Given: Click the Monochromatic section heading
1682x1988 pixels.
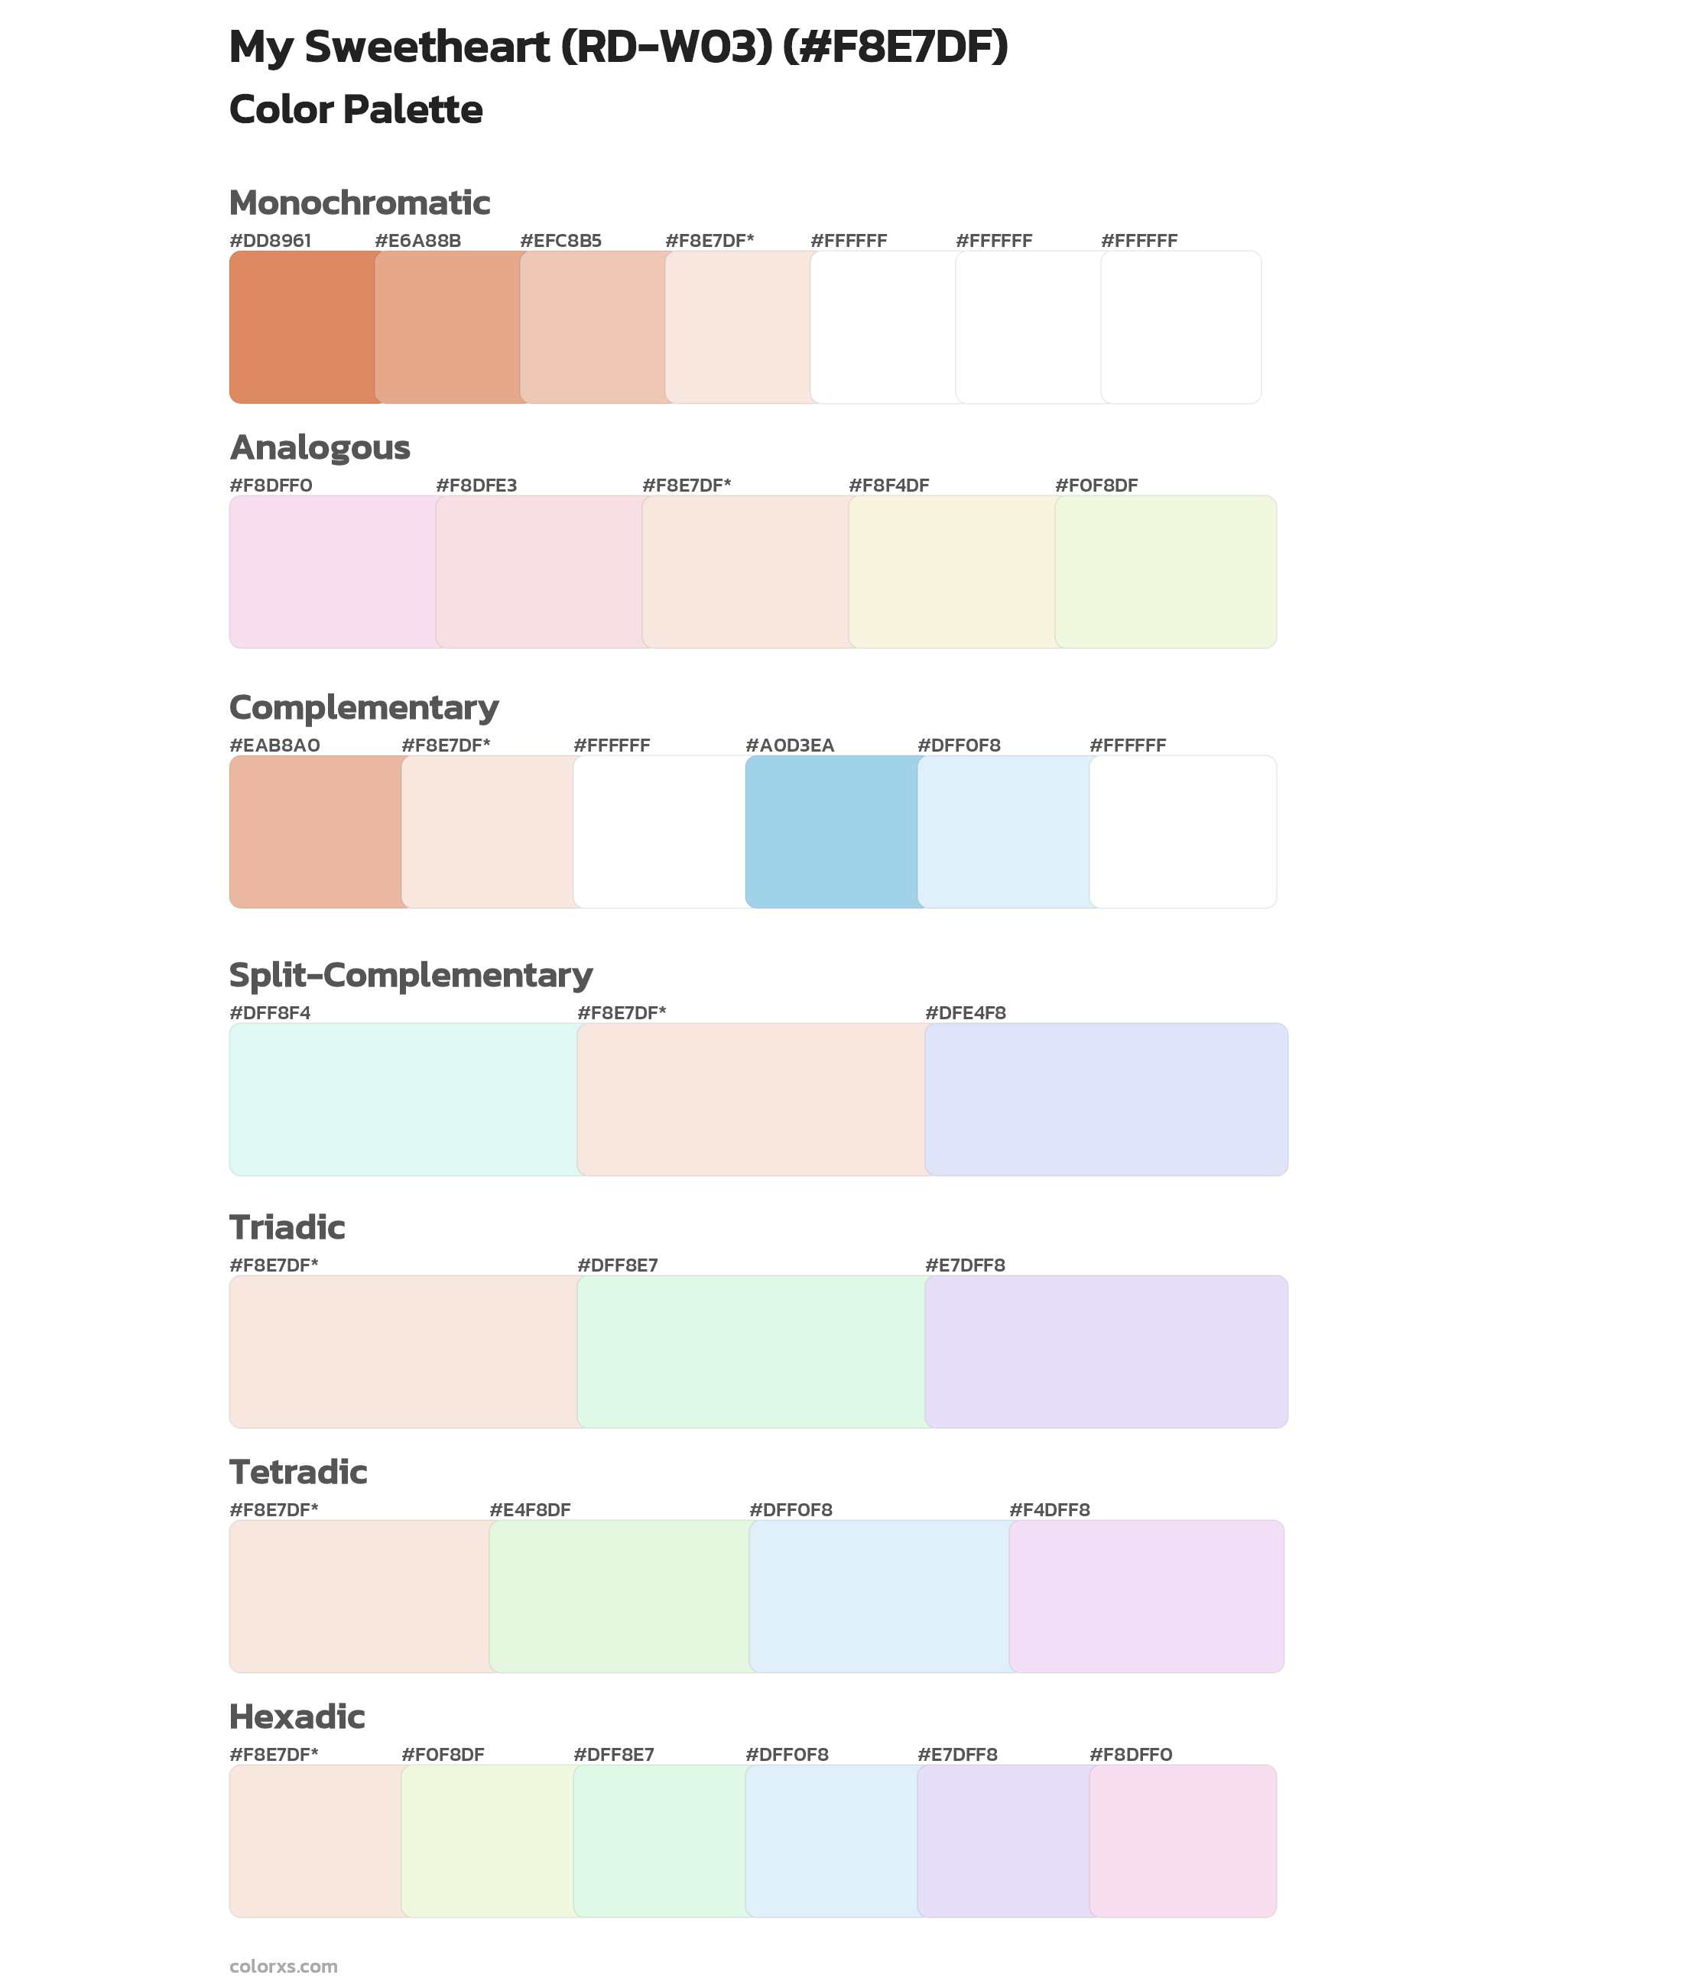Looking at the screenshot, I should pyautogui.click(x=359, y=203).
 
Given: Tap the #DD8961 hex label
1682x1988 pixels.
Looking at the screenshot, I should pyautogui.click(x=270, y=240).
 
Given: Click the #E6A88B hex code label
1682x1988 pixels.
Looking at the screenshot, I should pyautogui.click(x=417, y=240).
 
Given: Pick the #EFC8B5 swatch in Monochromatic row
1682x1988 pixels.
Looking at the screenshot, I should pyautogui.click(x=592, y=327).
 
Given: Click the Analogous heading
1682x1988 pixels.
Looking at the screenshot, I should pyautogui.click(x=320, y=447).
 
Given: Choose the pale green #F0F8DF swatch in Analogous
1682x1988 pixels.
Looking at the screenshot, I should pyautogui.click(x=1165, y=571).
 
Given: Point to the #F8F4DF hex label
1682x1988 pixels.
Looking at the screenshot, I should pyautogui.click(x=888, y=486).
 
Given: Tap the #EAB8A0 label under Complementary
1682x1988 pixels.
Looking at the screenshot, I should pyautogui.click(x=274, y=745).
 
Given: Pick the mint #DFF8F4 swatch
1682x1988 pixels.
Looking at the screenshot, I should pyautogui.click(x=402, y=1099).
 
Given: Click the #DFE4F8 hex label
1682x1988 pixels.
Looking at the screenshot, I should pyautogui.click(x=965, y=1012).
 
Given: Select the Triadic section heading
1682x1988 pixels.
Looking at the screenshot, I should pyautogui.click(x=287, y=1227).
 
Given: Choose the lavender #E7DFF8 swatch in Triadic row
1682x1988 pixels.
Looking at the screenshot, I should pyautogui.click(x=1106, y=1351).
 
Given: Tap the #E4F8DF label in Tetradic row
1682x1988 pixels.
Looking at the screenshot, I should pyautogui.click(x=529, y=1509).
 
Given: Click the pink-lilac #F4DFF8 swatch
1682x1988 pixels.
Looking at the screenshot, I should pyautogui.click(x=1146, y=1595).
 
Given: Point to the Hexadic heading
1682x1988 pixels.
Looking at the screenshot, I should pyautogui.click(x=297, y=1717).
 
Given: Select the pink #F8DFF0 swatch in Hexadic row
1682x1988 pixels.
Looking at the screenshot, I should pyautogui.click(x=1182, y=1840).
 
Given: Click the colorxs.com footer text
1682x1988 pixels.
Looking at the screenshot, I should pyautogui.click(x=283, y=1965).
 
